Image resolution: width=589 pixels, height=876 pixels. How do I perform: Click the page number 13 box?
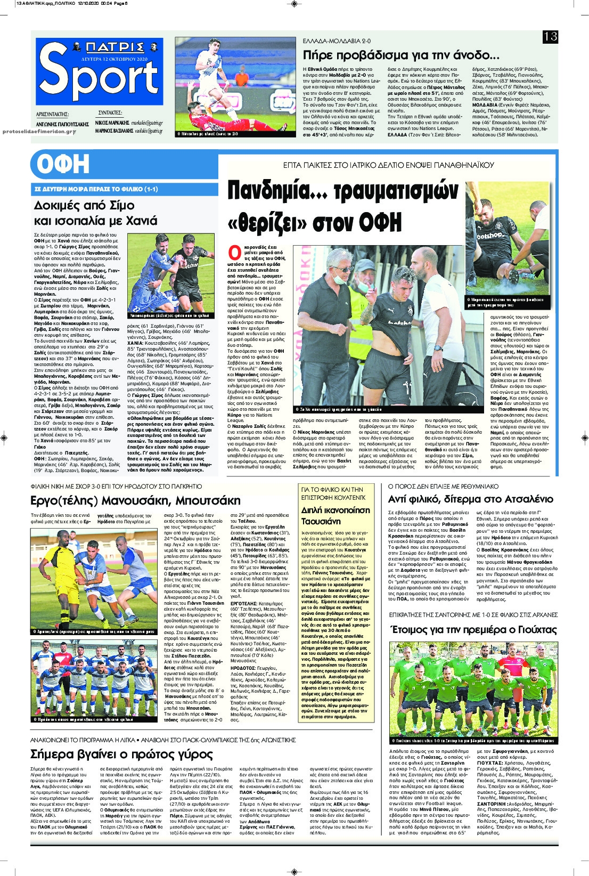point(550,36)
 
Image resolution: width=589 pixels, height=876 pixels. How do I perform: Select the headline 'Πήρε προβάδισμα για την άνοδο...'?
point(400,55)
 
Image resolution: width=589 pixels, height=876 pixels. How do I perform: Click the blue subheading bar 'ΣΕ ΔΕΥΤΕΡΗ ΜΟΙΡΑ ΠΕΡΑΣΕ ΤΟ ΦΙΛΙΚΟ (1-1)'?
point(96,189)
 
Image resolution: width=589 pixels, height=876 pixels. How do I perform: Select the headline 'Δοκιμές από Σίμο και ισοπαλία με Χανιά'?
point(96,213)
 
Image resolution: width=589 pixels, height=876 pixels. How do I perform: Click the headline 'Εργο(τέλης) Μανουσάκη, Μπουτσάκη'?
point(135,500)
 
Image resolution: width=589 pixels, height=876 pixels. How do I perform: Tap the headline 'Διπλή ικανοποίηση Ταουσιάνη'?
point(336,515)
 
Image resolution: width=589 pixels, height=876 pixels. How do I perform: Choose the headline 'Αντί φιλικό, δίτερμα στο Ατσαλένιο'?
point(471,499)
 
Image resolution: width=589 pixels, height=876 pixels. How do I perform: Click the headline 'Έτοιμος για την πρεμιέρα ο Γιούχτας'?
point(473,629)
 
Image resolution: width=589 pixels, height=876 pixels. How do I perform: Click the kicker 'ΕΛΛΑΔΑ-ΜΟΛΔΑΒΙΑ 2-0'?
point(337,41)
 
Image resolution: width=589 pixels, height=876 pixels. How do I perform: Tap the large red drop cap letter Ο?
point(234,252)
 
